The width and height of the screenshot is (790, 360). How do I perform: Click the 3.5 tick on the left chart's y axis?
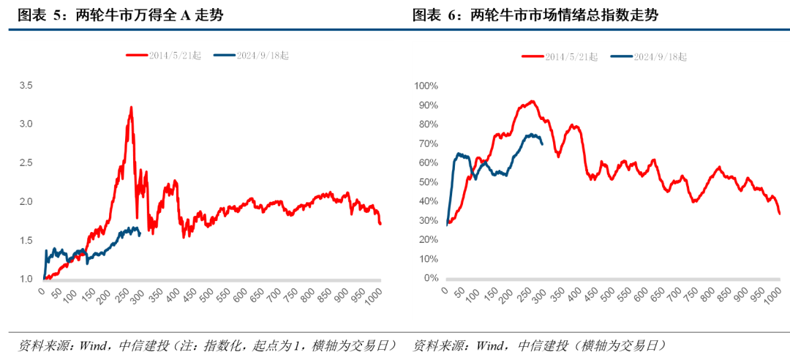[26, 86]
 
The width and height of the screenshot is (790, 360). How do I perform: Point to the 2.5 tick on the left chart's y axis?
[26, 162]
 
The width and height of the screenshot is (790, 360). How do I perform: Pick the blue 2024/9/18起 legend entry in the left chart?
[252, 55]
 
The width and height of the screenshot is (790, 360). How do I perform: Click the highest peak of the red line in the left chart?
[131, 108]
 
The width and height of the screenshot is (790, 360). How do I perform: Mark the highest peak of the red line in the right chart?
[532, 101]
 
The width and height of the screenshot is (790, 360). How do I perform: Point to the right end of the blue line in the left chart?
[140, 234]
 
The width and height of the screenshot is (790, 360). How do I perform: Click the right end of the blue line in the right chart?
[542, 143]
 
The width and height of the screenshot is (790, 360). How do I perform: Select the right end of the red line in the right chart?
[780, 214]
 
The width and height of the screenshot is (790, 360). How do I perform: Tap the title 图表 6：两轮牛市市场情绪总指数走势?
[535, 15]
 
